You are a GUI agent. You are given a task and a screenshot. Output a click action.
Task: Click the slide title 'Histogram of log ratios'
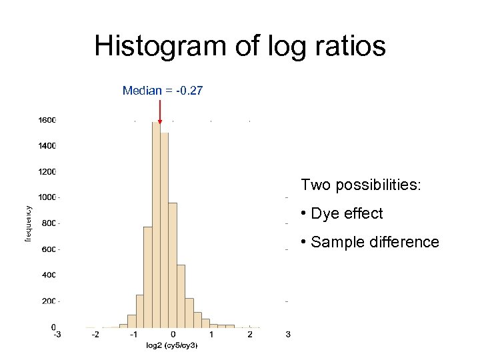240,46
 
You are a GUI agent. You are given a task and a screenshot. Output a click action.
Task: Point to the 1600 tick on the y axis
47,121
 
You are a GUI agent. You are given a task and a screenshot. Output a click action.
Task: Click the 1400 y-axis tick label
47,145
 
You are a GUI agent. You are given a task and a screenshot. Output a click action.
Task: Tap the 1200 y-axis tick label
47,171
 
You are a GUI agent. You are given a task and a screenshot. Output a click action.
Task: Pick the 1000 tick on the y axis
47,197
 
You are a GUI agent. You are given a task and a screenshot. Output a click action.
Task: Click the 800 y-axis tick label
49,223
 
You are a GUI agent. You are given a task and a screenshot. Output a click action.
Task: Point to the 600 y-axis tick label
49,249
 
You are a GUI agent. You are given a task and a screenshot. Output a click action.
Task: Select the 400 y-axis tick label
49,275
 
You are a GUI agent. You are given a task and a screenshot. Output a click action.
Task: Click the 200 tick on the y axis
49,301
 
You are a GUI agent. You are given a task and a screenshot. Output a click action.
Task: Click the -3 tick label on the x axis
58,335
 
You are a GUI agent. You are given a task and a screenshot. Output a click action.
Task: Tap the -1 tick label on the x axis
135,335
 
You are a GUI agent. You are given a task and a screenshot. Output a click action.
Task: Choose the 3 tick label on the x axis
288,335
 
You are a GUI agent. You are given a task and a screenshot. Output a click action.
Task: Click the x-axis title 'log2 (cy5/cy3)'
172,345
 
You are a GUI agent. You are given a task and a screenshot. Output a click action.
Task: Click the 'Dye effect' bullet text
347,213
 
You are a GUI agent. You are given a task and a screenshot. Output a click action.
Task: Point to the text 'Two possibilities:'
361,185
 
